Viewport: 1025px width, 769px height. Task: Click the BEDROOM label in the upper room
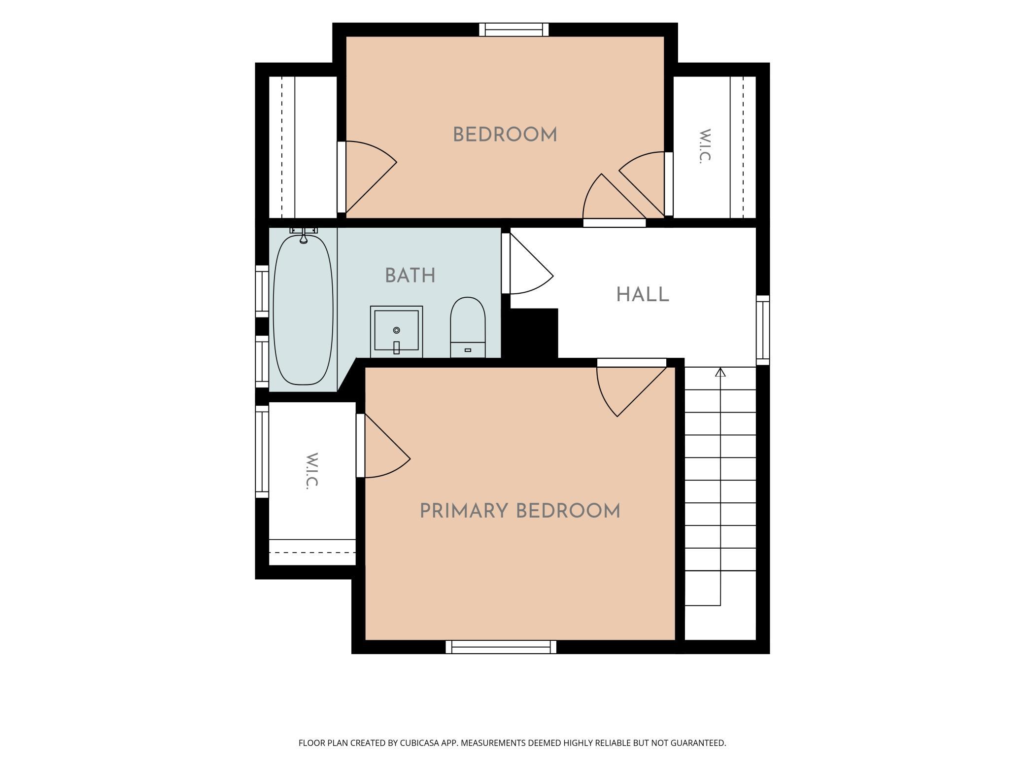pos(505,135)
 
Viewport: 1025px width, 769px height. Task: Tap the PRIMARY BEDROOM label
pos(520,511)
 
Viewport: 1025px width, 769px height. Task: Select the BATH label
pos(410,276)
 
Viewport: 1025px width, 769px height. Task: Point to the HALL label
pos(643,295)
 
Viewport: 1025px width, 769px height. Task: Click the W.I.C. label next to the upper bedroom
pos(705,146)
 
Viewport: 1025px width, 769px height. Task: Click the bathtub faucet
pos(304,235)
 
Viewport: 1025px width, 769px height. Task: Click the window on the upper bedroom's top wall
pos(514,30)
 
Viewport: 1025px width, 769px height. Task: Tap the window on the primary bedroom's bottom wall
pos(501,647)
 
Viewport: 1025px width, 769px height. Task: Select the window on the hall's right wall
pos(763,330)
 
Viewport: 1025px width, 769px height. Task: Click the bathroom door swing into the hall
pos(527,264)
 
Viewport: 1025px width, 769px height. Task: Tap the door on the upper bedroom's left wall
pos(367,177)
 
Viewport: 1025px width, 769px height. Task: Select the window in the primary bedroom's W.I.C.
pos(262,452)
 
